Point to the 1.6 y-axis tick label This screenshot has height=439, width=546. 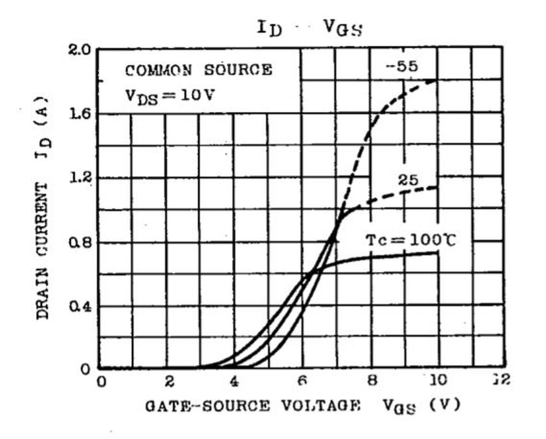(x=80, y=113)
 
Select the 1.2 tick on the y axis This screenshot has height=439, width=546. (x=80, y=177)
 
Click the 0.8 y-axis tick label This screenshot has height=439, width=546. (x=80, y=243)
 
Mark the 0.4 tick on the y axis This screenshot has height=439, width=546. (x=80, y=306)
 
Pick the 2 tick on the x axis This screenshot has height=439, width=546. (x=169, y=381)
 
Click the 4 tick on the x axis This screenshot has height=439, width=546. (x=234, y=381)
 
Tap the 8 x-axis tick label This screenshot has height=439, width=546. (x=372, y=381)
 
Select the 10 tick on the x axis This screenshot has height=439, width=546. (x=438, y=380)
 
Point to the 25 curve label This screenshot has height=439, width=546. (x=408, y=180)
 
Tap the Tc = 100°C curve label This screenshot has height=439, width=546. (x=411, y=241)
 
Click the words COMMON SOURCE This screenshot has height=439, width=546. (x=198, y=70)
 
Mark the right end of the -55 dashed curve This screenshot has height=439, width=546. (x=437, y=80)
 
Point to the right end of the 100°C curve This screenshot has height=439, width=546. (x=437, y=253)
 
